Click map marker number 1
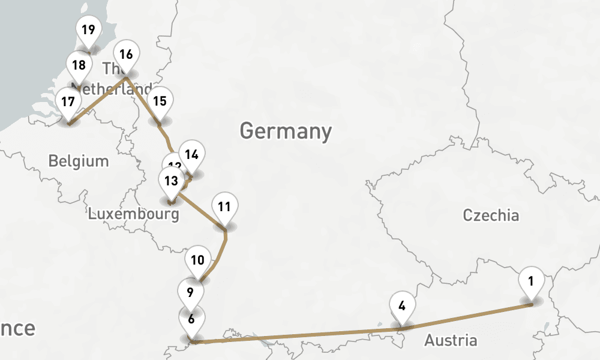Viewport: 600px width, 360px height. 531,281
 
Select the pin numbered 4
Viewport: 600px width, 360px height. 402,305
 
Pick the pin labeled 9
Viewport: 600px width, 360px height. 190,293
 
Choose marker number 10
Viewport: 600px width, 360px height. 198,260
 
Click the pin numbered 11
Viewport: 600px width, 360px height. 224,207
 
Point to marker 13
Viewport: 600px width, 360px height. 171,181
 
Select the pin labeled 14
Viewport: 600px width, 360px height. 191,155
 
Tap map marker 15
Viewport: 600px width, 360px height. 160,101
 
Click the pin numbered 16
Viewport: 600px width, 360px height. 126,55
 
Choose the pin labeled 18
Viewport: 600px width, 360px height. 79,65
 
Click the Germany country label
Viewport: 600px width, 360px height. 286,131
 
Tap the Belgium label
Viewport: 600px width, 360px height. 79,161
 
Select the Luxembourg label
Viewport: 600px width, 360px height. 133,214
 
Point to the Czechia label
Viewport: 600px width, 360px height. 491,215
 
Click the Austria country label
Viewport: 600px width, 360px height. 451,341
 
